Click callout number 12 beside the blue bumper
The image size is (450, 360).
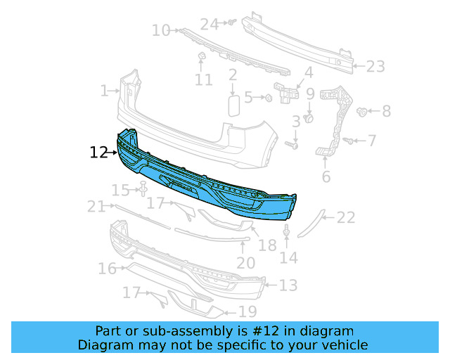pos(98,151)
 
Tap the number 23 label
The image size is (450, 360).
pos(375,67)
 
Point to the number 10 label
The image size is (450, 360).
pos(161,30)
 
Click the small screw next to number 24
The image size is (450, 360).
pos(230,23)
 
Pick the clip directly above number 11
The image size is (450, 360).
pos(200,56)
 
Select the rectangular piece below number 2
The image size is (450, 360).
pos(233,105)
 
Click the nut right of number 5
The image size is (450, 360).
pos(269,97)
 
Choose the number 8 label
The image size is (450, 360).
pos(386,111)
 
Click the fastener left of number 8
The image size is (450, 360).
pos(363,111)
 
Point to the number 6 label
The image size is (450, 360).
pos(326,176)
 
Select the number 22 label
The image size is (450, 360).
pos(346,218)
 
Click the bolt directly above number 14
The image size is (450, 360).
pos(287,231)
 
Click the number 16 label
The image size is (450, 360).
pos(107,269)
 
